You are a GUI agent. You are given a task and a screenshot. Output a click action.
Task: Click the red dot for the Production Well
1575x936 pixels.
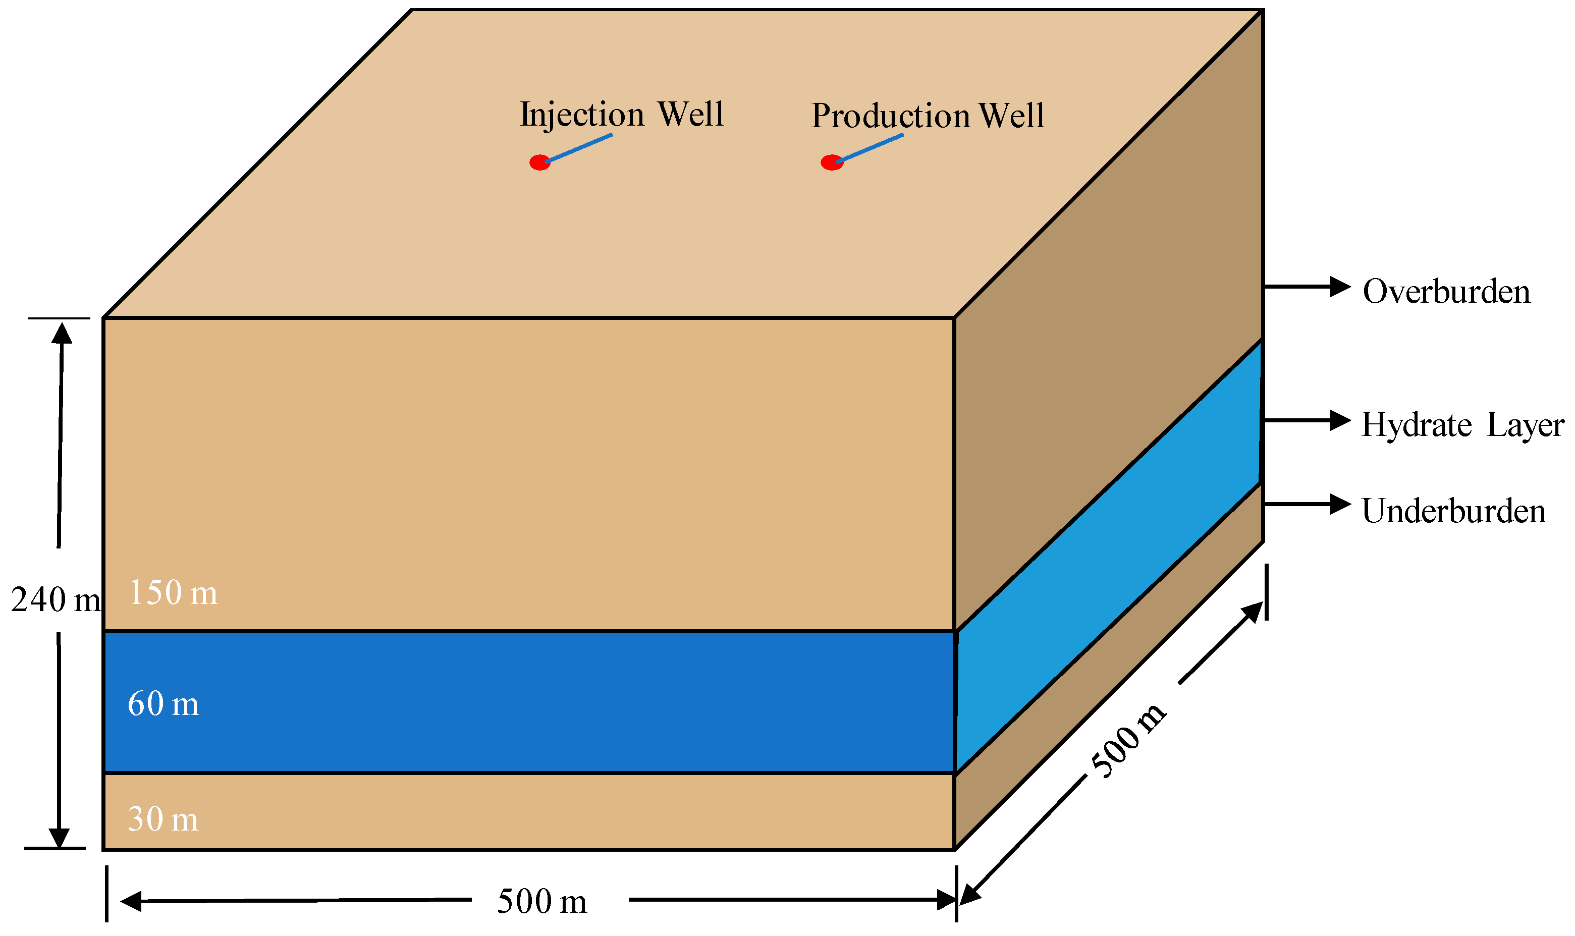[831, 162]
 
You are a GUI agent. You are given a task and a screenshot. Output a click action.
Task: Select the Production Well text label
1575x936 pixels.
[927, 116]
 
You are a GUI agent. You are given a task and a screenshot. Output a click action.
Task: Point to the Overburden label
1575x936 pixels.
[1446, 292]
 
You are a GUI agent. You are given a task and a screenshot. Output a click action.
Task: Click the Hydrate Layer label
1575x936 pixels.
[1462, 424]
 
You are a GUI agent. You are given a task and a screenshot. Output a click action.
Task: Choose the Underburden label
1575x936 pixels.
[1453, 511]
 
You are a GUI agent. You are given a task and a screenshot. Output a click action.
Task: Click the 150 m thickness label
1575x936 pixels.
[173, 593]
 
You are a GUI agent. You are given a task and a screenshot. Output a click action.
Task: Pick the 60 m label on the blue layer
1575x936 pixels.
[162, 703]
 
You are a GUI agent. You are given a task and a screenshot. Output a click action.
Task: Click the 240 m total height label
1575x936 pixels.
[56, 599]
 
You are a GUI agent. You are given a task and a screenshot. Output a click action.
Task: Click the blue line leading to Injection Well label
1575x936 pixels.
[578, 148]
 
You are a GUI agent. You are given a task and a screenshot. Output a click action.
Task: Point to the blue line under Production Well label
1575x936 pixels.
[871, 148]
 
